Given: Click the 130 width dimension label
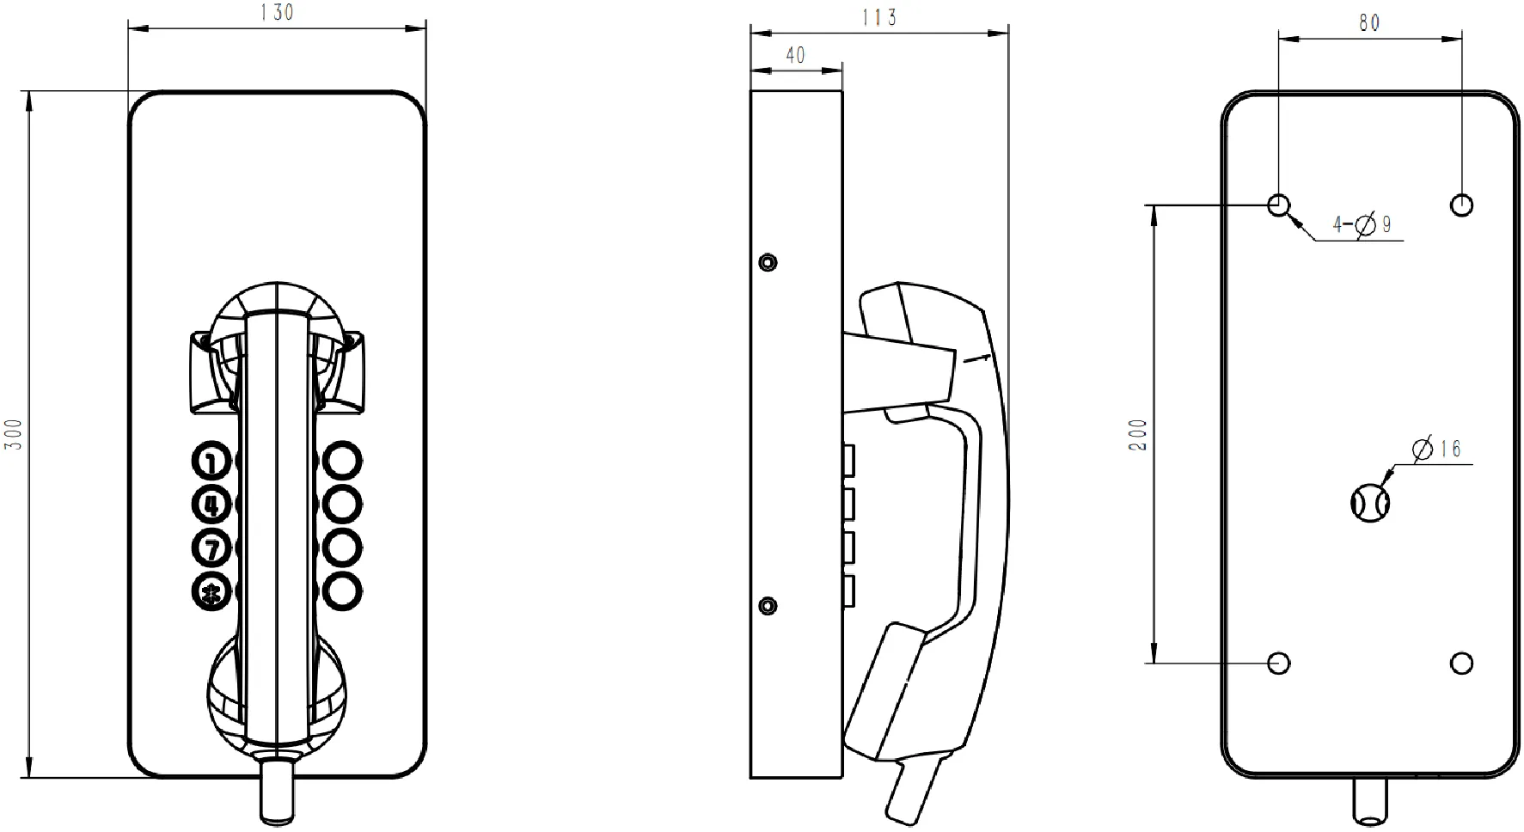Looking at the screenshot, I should pyautogui.click(x=277, y=13).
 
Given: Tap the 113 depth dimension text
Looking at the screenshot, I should pyautogui.click(x=879, y=18).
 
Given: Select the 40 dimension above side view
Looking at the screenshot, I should pyautogui.click(x=796, y=56).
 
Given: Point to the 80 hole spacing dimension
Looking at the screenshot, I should pyautogui.click(x=1369, y=23).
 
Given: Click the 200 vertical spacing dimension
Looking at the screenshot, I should pyautogui.click(x=1138, y=436).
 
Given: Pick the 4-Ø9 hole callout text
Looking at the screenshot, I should pyautogui.click(x=1362, y=225).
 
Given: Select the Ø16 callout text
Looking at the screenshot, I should pyautogui.click(x=1437, y=449).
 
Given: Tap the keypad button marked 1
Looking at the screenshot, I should pyautogui.click(x=211, y=462).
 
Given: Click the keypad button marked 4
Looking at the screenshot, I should pyautogui.click(x=211, y=505).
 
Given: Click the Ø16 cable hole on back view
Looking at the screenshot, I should pyautogui.click(x=1370, y=502).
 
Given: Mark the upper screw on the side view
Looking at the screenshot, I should pyautogui.click(x=768, y=261).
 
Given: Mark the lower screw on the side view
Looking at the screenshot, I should pyautogui.click(x=768, y=607).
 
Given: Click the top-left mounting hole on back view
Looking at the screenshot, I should pyautogui.click(x=1279, y=205).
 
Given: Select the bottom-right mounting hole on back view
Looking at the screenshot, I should pyautogui.click(x=1461, y=664).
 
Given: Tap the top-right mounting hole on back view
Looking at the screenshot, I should pyautogui.click(x=1461, y=205).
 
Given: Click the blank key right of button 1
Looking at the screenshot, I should pyautogui.click(x=342, y=461).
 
